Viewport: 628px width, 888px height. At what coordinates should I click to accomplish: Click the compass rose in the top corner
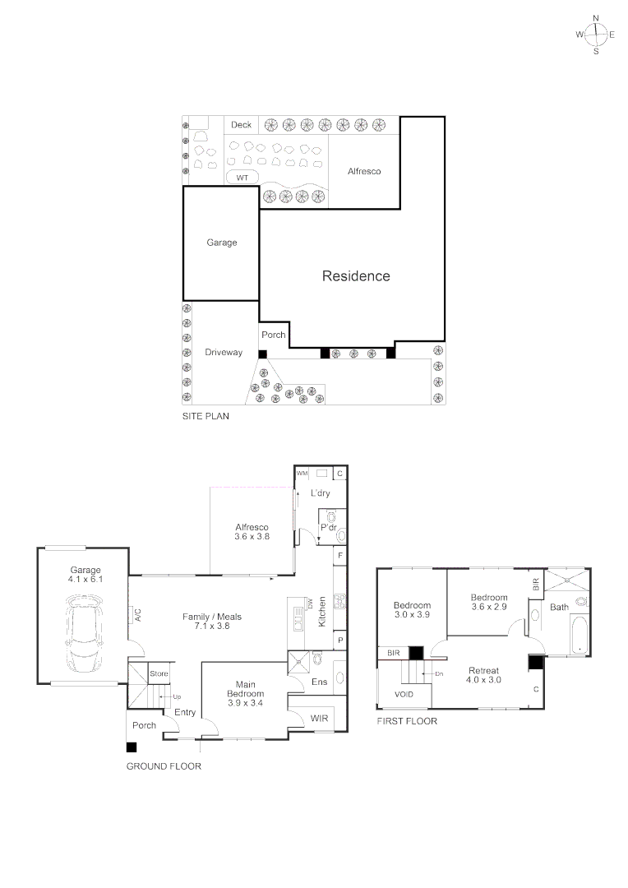click(596, 34)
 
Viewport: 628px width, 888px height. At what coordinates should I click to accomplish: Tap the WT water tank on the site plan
click(242, 178)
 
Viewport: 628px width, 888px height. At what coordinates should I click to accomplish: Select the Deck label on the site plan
click(241, 125)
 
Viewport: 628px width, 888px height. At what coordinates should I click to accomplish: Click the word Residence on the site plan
click(355, 276)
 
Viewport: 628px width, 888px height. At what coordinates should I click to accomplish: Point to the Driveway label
click(224, 353)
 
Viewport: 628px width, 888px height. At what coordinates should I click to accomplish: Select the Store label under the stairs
click(159, 674)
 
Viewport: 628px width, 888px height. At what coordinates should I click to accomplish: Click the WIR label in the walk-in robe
click(319, 719)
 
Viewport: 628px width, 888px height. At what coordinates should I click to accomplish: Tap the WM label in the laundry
click(302, 474)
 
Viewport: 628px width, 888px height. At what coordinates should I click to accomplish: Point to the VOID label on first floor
click(404, 695)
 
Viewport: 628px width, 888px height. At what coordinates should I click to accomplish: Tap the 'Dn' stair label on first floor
click(439, 673)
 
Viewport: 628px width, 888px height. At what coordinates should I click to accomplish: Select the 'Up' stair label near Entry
click(177, 696)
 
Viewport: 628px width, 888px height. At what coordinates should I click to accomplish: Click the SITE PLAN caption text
click(205, 417)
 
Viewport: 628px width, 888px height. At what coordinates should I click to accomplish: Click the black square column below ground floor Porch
click(132, 747)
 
